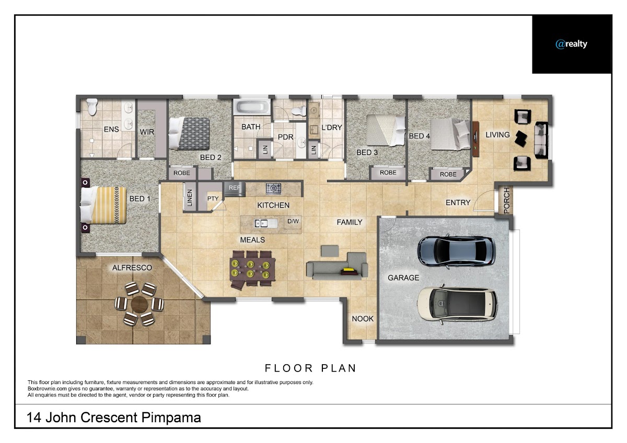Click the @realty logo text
click(x=571, y=44)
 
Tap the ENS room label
click(x=111, y=129)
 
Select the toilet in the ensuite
click(x=92, y=106)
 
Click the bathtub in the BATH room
click(x=252, y=107)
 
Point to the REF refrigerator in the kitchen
click(x=235, y=188)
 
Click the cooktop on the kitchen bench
click(x=273, y=188)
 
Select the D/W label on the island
click(x=293, y=221)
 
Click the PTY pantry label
click(x=213, y=198)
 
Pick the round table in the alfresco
click(x=139, y=304)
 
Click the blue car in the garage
click(x=457, y=250)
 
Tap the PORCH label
click(x=507, y=200)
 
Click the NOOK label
click(x=363, y=319)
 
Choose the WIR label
click(x=147, y=132)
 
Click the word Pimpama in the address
click(x=171, y=417)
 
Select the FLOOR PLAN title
click(x=310, y=368)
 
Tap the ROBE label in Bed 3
click(x=388, y=173)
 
